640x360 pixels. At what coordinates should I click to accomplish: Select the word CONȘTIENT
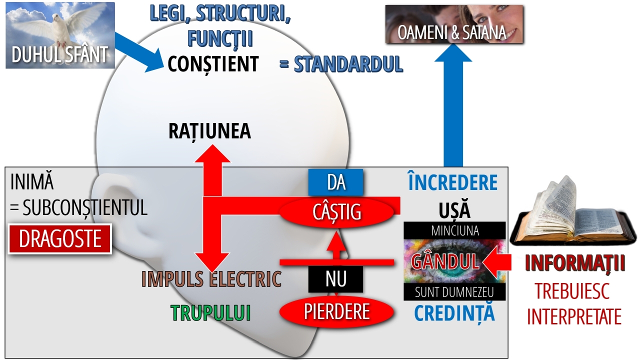pyautogui.click(x=213, y=64)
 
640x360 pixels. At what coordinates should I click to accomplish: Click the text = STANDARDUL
pyautogui.click(x=341, y=64)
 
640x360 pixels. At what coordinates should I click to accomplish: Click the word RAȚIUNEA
pyautogui.click(x=209, y=131)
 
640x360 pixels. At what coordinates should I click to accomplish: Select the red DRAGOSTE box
pyautogui.click(x=60, y=239)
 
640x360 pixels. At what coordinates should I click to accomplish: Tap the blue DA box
pyautogui.click(x=336, y=182)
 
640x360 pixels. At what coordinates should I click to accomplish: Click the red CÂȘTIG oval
pyautogui.click(x=336, y=212)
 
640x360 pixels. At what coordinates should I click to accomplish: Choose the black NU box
pyautogui.click(x=335, y=279)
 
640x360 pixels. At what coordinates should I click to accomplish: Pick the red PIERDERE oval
pyautogui.click(x=336, y=311)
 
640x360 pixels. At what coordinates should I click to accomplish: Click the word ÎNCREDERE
pyautogui.click(x=453, y=183)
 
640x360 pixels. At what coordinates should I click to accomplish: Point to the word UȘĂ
pyautogui.click(x=454, y=210)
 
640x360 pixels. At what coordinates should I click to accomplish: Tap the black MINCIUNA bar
pyautogui.click(x=454, y=230)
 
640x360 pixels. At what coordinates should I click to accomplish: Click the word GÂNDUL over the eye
pyautogui.click(x=445, y=261)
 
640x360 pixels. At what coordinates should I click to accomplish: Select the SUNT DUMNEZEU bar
pyautogui.click(x=454, y=292)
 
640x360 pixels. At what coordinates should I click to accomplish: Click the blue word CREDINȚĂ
pyautogui.click(x=454, y=313)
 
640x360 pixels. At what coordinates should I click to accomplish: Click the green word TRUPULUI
pyautogui.click(x=210, y=313)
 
